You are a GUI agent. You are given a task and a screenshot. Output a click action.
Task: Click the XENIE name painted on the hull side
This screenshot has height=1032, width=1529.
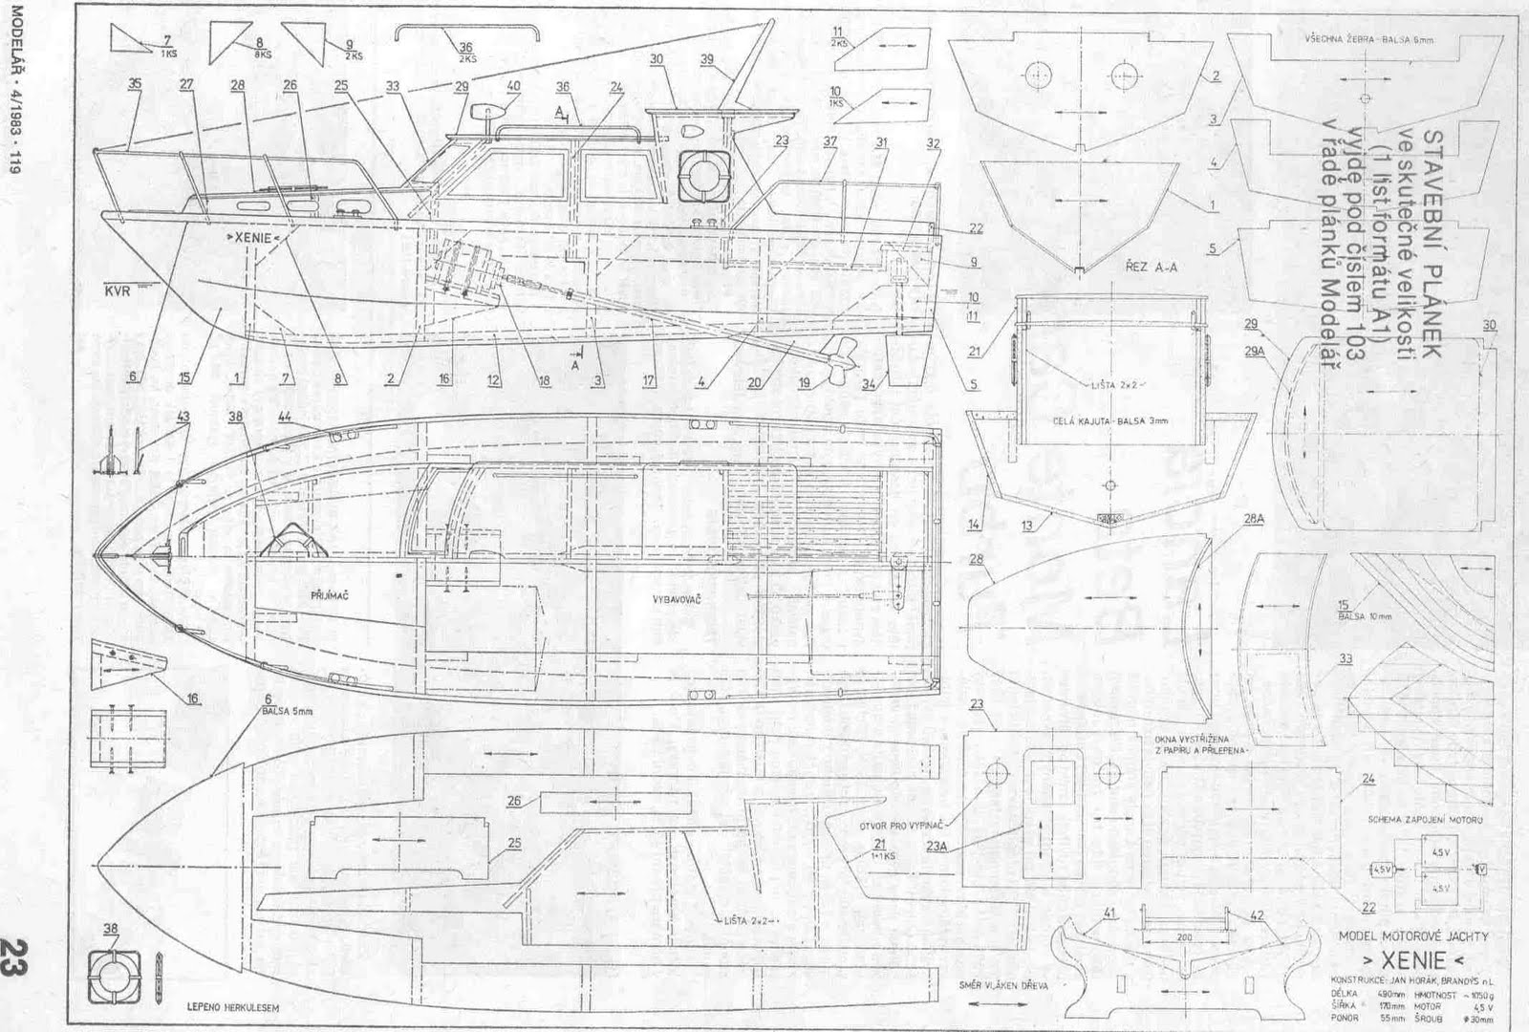coord(253,236)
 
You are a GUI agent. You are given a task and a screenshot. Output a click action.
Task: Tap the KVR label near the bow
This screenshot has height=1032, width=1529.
coord(118,291)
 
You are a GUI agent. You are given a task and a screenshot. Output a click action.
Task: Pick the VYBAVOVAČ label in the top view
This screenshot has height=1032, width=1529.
coord(677,598)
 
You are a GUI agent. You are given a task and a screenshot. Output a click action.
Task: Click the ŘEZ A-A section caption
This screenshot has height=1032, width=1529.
coord(1151,268)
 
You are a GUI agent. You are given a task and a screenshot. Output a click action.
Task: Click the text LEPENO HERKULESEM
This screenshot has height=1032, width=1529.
coord(226,1006)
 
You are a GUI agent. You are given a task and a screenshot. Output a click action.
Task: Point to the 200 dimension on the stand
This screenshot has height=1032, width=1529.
coord(1184,938)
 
